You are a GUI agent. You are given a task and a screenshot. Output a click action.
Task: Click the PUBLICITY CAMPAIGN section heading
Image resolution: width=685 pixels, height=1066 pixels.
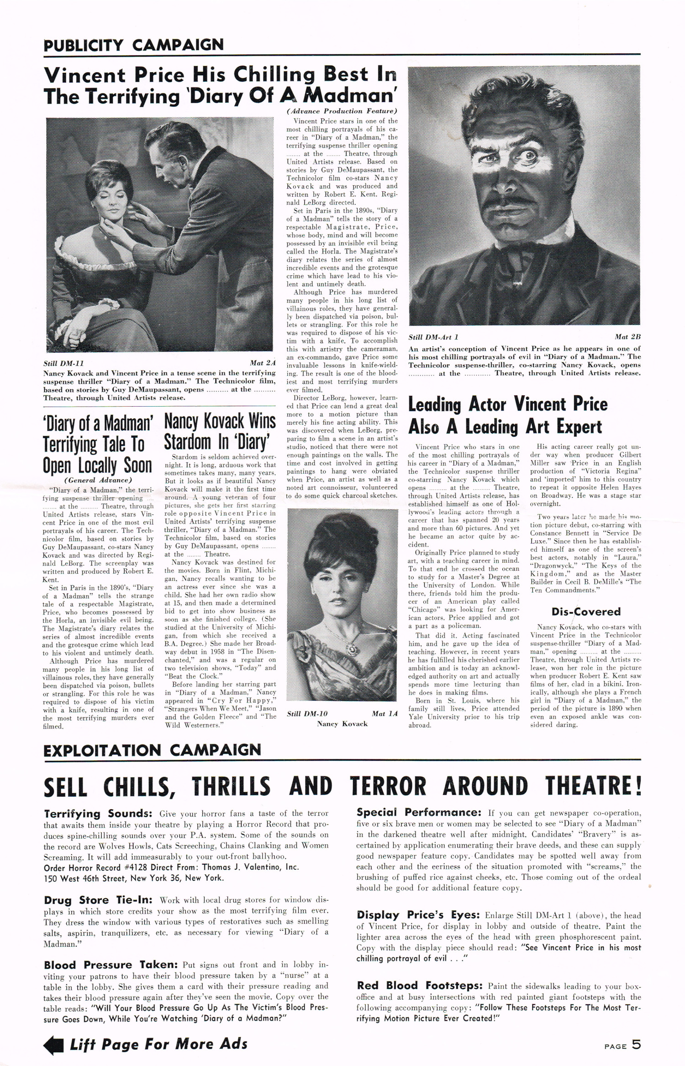pos(133,45)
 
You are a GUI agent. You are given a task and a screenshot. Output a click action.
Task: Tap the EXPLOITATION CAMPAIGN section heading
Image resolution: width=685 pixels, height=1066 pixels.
pos(152,750)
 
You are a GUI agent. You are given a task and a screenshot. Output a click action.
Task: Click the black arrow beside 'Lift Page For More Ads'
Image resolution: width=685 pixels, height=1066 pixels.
pos(53,1046)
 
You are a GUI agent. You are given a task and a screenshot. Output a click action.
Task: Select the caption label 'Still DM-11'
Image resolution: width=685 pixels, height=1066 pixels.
pos(63,363)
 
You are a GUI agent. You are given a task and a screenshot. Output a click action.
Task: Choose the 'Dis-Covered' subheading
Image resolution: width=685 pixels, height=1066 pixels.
pos(586,611)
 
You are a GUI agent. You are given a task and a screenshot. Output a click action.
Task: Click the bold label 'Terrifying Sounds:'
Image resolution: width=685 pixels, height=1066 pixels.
pos(98,814)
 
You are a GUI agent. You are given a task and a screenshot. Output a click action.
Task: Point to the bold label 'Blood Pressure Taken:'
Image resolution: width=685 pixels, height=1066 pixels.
pos(111,965)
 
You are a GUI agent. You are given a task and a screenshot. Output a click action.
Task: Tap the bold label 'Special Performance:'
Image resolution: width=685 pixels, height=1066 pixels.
pos(418,813)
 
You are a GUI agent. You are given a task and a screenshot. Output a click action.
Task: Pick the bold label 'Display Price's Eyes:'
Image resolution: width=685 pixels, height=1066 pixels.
pos(418,915)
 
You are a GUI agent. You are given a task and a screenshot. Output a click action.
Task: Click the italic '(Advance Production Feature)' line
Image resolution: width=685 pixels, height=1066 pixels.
pos(342,111)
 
